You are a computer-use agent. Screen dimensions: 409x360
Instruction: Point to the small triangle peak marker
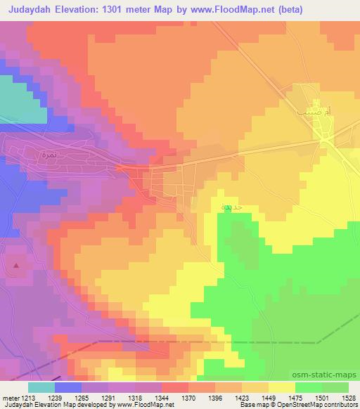(x=16, y=266)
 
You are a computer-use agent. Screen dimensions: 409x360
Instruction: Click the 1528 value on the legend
(x=349, y=398)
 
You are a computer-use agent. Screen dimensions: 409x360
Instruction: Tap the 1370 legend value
(x=188, y=398)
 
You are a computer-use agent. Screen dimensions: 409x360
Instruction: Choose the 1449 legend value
(x=269, y=398)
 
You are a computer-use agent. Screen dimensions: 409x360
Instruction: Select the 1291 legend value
(x=109, y=398)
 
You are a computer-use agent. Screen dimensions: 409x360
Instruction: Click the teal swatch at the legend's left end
(x=41, y=387)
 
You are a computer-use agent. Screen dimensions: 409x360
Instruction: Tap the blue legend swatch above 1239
(x=68, y=387)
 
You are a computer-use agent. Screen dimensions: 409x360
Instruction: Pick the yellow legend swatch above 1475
(x=282, y=387)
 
